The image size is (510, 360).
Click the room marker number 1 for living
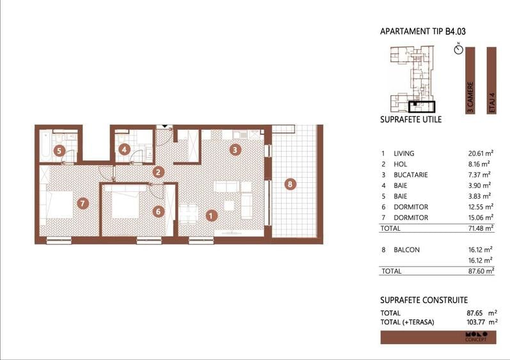pos(211,216)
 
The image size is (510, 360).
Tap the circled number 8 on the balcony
pos(291,185)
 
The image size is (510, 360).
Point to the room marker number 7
pos(81,203)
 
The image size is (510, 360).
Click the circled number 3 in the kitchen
pos(235,151)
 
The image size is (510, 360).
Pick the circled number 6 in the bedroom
pos(158,211)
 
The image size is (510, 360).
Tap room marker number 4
pos(125,151)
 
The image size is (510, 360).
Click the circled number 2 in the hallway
pos(158,171)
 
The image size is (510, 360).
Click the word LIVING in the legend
pos(404,153)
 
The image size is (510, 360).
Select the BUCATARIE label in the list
pos(412,175)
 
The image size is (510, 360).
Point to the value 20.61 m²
pos(480,153)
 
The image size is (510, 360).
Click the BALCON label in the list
pos(408,250)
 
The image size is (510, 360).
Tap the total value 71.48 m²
pos(480,228)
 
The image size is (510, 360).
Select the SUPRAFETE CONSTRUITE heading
pos(424,300)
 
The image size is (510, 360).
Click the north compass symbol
pos(458,49)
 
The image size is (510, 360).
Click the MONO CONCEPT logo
pos(475,336)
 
